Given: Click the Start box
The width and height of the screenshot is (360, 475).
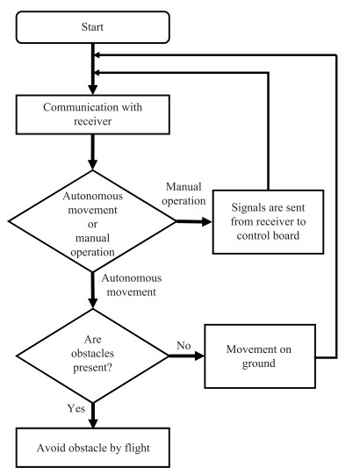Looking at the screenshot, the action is [x=92, y=27].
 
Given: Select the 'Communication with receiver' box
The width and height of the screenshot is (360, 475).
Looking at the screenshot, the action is [x=92, y=114].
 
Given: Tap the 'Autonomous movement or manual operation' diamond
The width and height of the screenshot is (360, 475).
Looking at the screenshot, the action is [x=92, y=221].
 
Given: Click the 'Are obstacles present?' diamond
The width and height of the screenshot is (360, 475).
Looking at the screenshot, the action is [x=92, y=356].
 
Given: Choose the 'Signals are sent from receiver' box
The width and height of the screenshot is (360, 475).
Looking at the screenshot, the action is [x=268, y=222].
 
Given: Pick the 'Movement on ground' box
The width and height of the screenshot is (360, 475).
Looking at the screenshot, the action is [x=260, y=356].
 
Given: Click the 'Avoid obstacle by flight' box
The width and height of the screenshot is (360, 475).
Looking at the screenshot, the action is [x=92, y=448].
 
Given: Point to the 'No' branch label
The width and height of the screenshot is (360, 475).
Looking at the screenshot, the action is [x=184, y=345].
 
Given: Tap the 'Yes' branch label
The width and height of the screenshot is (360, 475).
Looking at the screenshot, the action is [x=76, y=408].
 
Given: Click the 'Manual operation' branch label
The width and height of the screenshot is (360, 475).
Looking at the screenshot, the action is [x=184, y=194].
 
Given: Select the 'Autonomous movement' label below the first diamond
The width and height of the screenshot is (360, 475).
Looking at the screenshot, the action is [x=132, y=284].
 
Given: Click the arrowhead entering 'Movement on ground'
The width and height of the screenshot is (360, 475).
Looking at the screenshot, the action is [x=199, y=356].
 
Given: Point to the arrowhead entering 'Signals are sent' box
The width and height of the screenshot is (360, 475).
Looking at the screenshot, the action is [x=207, y=222].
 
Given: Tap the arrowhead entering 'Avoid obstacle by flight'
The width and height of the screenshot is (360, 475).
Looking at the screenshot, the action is [x=93, y=423].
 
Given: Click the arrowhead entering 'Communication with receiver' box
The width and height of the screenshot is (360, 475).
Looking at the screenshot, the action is [x=93, y=90].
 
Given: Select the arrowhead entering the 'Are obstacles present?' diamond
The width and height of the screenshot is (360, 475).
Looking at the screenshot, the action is [x=93, y=304].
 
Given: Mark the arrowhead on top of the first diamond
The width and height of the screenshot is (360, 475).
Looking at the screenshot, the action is [x=93, y=165].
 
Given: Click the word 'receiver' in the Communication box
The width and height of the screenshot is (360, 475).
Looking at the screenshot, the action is [x=93, y=121].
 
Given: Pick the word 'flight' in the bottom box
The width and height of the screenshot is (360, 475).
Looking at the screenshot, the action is [x=137, y=448].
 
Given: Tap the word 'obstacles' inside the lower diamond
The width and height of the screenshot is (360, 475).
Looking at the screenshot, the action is [x=93, y=354].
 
